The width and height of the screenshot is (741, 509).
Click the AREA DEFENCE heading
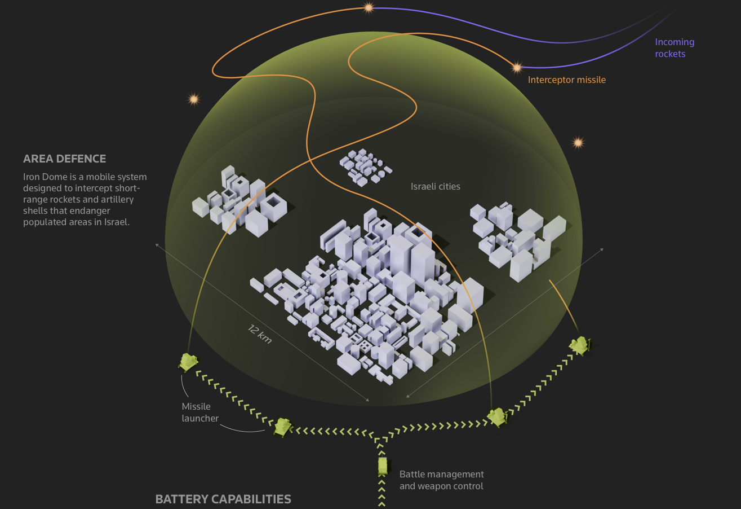[x=64, y=159]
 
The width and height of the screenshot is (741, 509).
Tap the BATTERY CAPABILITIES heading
[x=223, y=499]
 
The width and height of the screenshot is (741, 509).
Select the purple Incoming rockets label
[x=674, y=48]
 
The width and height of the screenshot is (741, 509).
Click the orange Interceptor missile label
[x=566, y=80]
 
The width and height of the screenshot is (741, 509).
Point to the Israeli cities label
[x=435, y=186]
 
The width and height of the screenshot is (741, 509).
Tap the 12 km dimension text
[x=260, y=334]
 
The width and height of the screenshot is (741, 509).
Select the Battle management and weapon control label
[x=441, y=480]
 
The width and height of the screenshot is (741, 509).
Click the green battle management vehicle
[x=383, y=466]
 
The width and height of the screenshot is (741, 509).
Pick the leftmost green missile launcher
[x=188, y=362]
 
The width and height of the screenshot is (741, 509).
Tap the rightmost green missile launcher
[x=580, y=345]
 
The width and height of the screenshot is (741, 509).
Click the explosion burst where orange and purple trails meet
[x=369, y=8]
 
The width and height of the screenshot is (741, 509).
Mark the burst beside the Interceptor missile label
[x=517, y=68]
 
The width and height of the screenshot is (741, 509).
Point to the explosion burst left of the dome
[x=194, y=99]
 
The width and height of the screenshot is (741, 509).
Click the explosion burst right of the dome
[x=578, y=142]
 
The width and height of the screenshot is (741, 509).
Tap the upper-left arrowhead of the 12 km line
[x=157, y=244]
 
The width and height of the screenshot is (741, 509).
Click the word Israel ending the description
[x=116, y=222]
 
